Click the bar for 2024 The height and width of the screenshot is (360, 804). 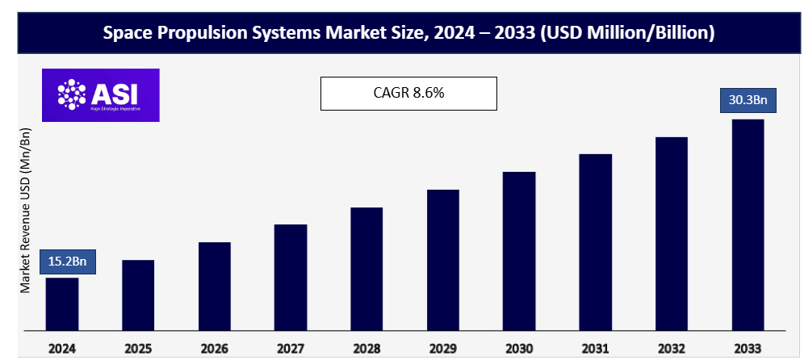61,304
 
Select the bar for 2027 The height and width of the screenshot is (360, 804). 291,278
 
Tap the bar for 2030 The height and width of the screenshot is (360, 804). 519,251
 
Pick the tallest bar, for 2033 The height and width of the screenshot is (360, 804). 747,225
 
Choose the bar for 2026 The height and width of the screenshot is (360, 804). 215,287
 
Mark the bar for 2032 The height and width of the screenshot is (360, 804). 672,234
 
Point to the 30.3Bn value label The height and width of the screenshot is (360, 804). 747,102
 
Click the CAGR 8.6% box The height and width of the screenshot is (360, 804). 408,93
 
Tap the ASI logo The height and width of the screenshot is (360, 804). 101,95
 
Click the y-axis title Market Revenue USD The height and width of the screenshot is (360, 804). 26,210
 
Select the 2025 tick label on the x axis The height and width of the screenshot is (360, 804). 138,349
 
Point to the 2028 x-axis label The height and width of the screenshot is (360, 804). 366,349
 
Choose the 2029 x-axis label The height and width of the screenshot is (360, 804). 442,349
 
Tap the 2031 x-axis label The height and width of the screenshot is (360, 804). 595,349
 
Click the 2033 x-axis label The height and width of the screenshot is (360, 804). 747,349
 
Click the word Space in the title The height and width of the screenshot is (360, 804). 126,33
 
